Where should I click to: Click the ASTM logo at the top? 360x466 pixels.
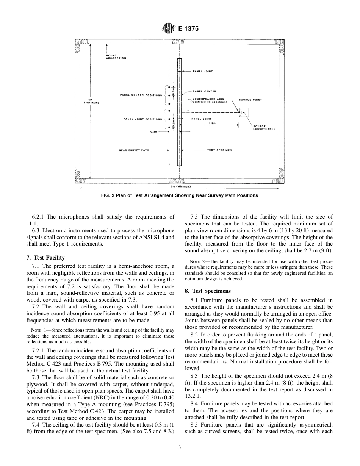(x=168, y=28)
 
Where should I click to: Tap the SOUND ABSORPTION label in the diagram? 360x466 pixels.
(x=116, y=57)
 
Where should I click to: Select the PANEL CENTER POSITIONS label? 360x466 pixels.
(x=141, y=95)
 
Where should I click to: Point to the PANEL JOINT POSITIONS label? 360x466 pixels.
(x=142, y=119)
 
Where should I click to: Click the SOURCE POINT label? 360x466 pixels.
(x=250, y=100)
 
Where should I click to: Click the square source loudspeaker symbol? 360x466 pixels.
(x=244, y=113)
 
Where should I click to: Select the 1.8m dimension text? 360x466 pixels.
(x=212, y=124)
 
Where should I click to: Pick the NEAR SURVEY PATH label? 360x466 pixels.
(x=134, y=150)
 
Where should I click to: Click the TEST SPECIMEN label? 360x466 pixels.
(x=219, y=150)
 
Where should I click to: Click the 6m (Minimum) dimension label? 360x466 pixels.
(x=180, y=187)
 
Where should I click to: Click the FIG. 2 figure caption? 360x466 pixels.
(x=180, y=195)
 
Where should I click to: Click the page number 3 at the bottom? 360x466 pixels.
(x=180, y=447)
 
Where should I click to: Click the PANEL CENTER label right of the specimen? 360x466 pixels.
(x=204, y=91)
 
